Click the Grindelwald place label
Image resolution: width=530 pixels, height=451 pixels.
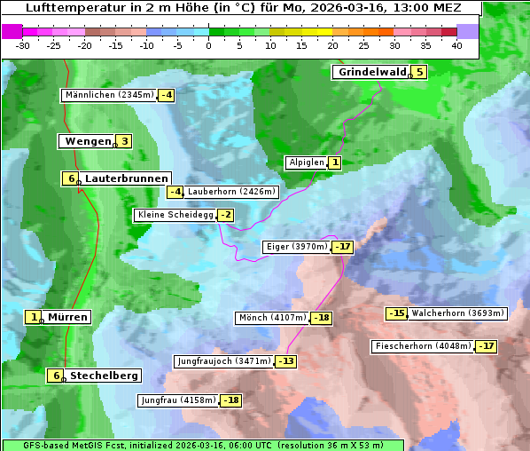click(371, 72)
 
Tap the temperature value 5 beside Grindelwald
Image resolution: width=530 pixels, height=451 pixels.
click(419, 72)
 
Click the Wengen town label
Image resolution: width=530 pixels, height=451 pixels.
click(88, 141)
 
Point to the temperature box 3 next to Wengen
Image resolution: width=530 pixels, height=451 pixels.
click(124, 141)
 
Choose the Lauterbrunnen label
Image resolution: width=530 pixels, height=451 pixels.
click(126, 178)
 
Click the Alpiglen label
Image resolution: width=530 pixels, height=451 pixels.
click(307, 162)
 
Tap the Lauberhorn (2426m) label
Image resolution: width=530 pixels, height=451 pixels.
click(232, 192)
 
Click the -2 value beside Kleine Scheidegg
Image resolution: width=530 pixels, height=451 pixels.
click(226, 215)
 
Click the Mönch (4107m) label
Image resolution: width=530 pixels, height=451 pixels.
click(273, 318)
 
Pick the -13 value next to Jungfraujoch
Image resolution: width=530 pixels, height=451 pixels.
click(286, 361)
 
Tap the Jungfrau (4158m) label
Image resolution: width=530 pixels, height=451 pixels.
click(178, 400)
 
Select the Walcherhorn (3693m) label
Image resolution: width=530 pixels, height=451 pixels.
click(458, 313)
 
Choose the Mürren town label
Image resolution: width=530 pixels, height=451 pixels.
click(67, 317)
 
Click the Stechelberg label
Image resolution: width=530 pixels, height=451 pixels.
click(104, 376)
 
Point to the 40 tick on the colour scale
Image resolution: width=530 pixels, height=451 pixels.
click(456, 45)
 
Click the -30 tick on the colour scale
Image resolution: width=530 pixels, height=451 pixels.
click(23, 45)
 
